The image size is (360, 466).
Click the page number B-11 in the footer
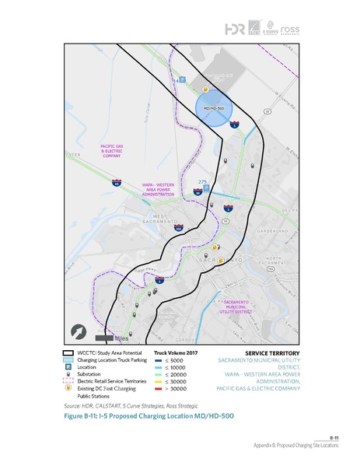pos(334,439)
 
